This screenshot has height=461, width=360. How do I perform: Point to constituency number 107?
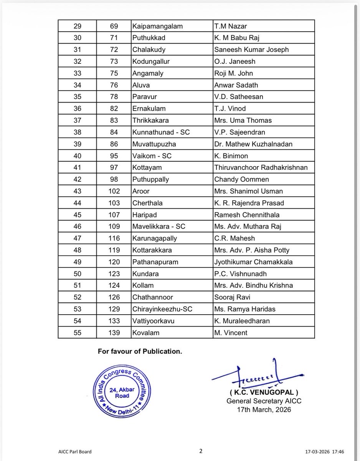click(114, 215)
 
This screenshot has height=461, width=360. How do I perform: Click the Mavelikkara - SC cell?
click(159, 227)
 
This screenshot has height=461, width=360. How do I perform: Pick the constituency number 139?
click(114, 333)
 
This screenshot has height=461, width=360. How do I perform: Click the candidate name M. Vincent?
click(231, 333)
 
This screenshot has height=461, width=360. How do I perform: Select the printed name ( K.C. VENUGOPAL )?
click(264, 393)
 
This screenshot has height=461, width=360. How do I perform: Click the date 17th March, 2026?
click(264, 409)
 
